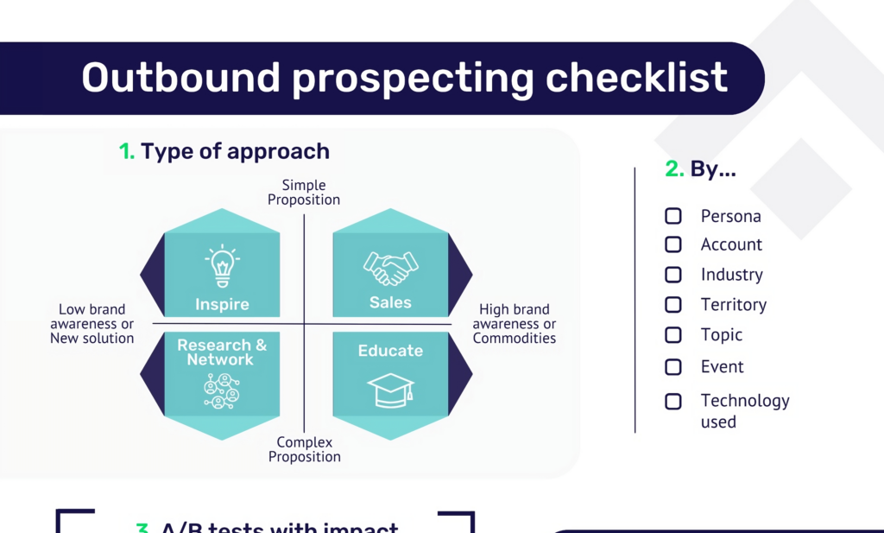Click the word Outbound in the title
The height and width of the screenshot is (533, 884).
point(180,78)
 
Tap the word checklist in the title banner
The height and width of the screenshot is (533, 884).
point(636,78)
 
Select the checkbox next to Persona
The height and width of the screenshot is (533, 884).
point(673,216)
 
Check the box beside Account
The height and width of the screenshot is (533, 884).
point(673,244)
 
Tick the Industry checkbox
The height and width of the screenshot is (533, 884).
point(673,275)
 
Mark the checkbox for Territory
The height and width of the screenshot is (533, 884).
point(673,304)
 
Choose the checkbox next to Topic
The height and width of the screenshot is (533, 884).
point(673,334)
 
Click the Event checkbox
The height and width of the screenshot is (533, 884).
point(673,367)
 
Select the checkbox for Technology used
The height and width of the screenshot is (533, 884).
point(673,401)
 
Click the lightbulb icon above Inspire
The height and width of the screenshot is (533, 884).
point(222,266)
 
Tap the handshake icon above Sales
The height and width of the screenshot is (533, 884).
point(390,268)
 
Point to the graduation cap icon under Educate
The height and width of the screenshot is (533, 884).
point(390,390)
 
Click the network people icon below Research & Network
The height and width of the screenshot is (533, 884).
point(222,390)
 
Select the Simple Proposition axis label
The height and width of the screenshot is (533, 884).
point(304,193)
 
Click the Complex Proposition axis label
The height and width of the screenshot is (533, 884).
point(304,450)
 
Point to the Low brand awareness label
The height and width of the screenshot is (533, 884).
point(92,324)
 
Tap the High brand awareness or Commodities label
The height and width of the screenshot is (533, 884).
point(515,324)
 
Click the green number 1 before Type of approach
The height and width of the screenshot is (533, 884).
point(126,152)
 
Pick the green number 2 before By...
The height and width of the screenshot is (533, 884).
point(674,169)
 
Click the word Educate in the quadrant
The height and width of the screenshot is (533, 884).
point(390,351)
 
